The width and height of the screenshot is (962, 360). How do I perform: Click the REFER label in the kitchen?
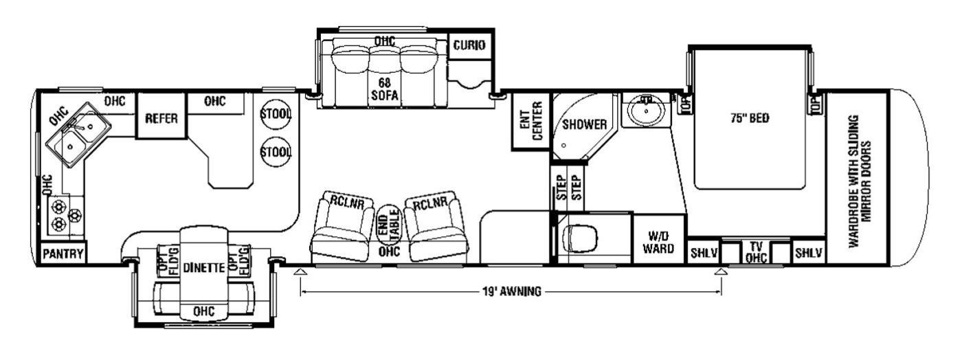(x=161, y=118)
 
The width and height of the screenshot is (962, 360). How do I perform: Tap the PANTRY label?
(x=63, y=254)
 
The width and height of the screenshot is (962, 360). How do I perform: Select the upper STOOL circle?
(x=276, y=114)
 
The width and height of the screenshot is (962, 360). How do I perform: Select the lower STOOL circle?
(x=276, y=152)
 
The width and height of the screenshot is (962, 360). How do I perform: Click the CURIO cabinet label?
(x=469, y=45)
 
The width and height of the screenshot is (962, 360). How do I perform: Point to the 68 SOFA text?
(x=384, y=89)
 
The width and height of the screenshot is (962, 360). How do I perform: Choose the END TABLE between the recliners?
(x=389, y=223)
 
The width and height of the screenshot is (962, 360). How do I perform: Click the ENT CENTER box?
(x=530, y=121)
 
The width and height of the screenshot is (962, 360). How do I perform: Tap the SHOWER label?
(x=585, y=124)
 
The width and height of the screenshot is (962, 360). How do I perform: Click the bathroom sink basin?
(x=646, y=111)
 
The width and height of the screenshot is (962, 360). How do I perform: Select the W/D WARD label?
(x=658, y=242)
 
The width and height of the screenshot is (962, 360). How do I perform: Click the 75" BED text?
(x=750, y=117)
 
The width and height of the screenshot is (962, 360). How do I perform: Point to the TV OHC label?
(x=756, y=252)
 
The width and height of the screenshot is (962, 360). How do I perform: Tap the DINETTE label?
(x=204, y=268)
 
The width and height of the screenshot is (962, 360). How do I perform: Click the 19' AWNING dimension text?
(x=511, y=292)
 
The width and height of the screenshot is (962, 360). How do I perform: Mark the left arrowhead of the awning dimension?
(x=301, y=271)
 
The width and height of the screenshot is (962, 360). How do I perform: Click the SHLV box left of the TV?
(x=704, y=253)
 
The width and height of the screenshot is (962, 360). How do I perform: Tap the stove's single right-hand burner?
(x=75, y=214)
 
